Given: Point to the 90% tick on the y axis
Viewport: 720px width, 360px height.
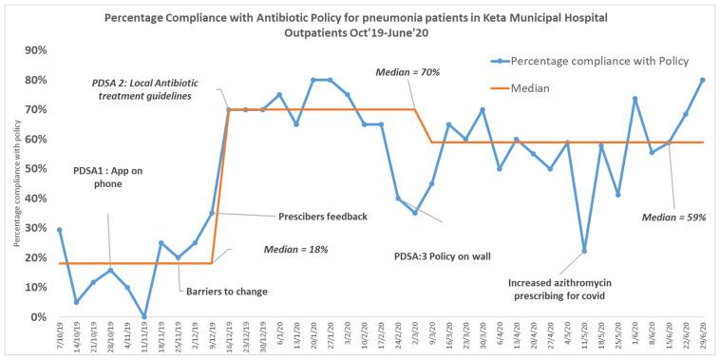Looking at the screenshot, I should pyautogui.click(x=34, y=50).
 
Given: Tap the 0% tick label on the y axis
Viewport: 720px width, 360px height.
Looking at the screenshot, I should pyautogui.click(x=37, y=316).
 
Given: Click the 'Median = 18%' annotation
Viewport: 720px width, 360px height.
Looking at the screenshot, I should pyautogui.click(x=284, y=250).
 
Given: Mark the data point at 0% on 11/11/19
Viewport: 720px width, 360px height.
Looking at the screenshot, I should pyautogui.click(x=144, y=316).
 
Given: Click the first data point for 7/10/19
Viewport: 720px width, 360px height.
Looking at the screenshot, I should pyautogui.click(x=60, y=230).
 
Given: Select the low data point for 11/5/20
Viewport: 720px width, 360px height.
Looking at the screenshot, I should pyautogui.click(x=583, y=251).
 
